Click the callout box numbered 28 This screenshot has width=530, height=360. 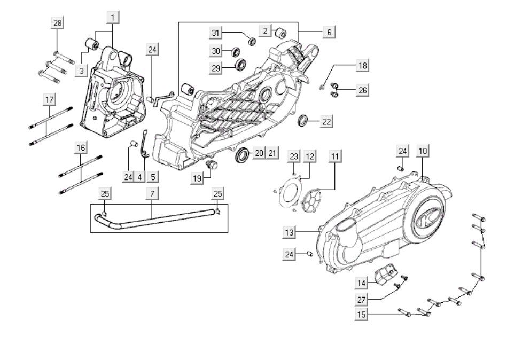57,22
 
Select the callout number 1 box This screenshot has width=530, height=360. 113,17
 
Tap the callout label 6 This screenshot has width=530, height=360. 329,32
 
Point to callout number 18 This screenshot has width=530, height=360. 363,66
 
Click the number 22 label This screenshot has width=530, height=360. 326,122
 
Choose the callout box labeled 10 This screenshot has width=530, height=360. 422,151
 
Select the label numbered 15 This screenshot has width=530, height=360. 362,315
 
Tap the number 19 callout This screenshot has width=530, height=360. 198,178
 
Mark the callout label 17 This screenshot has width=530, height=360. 49,100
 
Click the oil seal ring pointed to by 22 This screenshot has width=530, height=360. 303,121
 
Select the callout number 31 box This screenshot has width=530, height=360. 215,33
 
